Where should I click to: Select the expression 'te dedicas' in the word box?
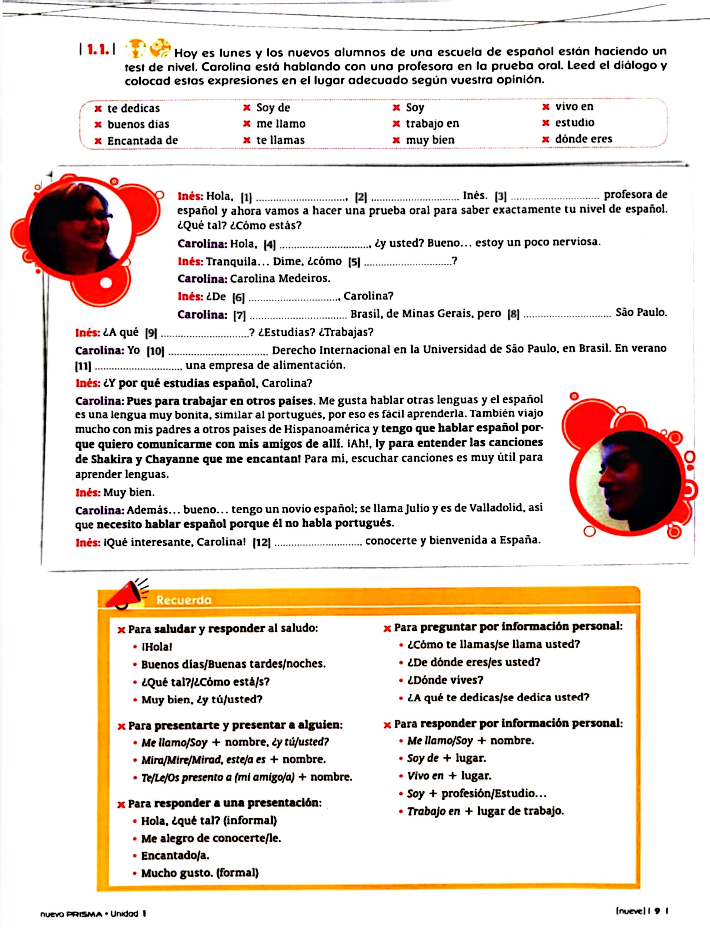(133, 108)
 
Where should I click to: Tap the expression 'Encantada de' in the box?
(142, 140)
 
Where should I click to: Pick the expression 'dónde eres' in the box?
(583, 139)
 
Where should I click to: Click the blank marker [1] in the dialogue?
(246, 197)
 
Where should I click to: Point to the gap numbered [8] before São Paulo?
(513, 314)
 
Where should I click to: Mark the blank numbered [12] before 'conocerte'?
(261, 543)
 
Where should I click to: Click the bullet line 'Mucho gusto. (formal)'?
(200, 873)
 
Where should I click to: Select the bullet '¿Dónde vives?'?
(445, 680)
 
